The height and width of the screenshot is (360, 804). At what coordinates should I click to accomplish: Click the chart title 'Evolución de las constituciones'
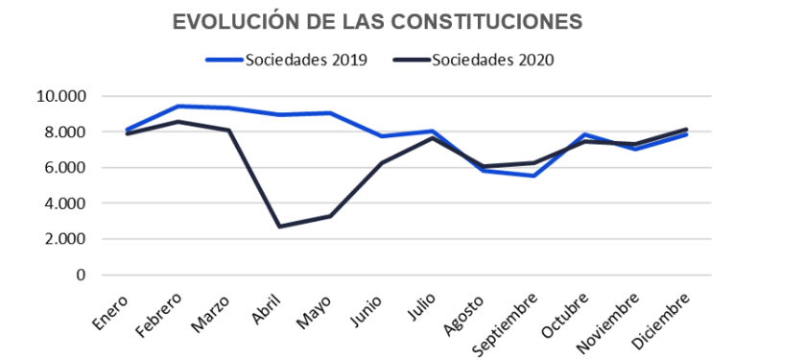pos(377,22)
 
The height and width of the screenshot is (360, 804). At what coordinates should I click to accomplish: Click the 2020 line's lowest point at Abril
pos(279,227)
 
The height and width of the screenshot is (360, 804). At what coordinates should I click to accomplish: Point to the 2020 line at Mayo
pos(330,216)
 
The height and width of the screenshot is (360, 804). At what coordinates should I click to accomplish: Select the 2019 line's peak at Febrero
pos(178,107)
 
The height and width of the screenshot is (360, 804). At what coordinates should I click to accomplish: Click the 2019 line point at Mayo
pos(330,113)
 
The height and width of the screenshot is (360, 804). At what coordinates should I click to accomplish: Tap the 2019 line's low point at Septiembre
pos(533,176)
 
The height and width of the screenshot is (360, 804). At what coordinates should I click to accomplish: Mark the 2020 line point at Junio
pos(381,163)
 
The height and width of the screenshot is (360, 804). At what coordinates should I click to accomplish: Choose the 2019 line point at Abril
pos(279,115)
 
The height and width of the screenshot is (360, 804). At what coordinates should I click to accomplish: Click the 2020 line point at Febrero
pos(178,122)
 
